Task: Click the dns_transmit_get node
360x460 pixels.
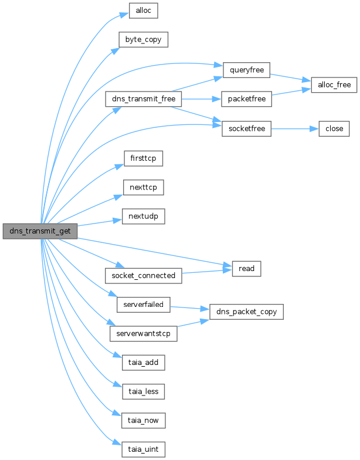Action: point(40,231)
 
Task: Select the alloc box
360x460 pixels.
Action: point(144,11)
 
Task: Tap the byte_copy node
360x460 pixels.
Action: point(144,40)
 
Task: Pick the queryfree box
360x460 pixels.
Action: point(246,70)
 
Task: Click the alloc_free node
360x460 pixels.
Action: point(334,84)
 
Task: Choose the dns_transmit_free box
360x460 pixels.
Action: point(143,99)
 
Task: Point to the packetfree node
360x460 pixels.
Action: point(246,99)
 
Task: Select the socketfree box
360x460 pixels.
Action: point(246,128)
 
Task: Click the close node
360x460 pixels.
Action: point(334,128)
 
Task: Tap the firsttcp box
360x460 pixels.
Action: point(144,158)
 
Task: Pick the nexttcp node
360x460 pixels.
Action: point(144,187)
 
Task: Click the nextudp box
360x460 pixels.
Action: point(144,216)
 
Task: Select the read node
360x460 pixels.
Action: point(246,268)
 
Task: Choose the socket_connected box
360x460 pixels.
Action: point(143,275)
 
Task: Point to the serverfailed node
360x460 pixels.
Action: point(144,305)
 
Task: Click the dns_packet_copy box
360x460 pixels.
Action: point(246,312)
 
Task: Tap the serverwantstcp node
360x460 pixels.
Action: point(144,334)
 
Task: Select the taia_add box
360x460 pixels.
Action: point(144,363)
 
